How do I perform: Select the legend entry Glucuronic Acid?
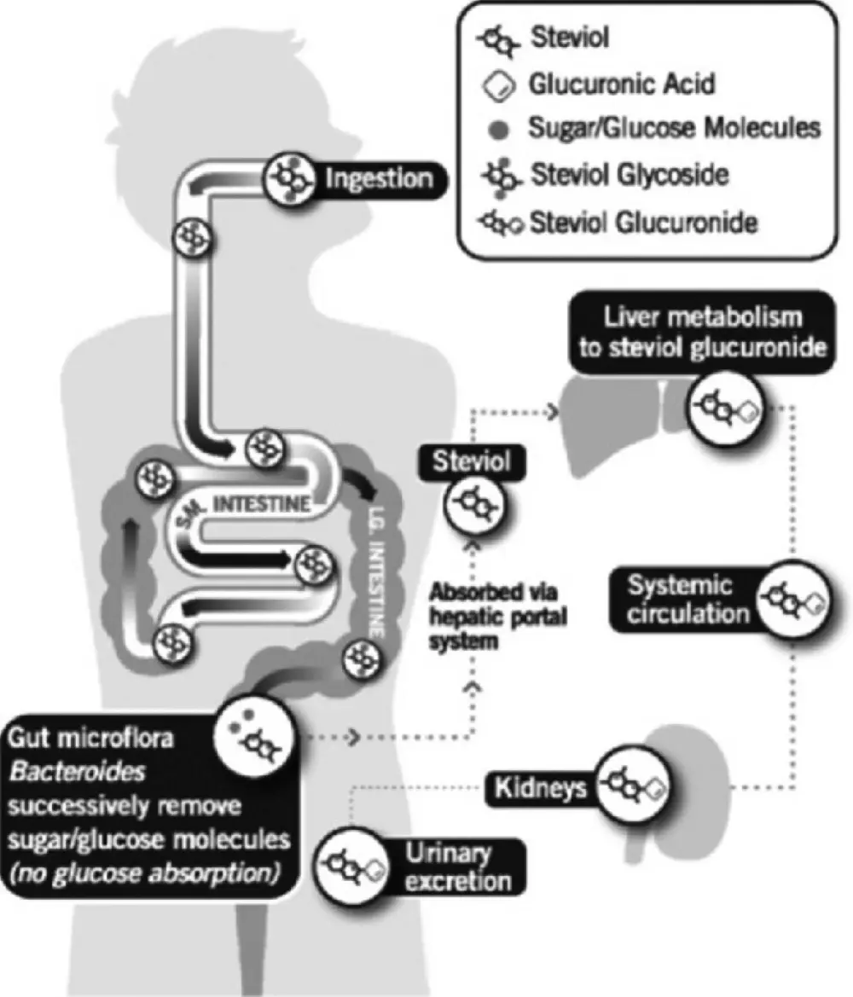(621, 84)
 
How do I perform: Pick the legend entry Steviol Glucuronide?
(643, 223)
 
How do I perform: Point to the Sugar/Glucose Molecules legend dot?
(502, 130)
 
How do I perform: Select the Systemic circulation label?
(681, 600)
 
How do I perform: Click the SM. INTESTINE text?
(247, 503)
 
